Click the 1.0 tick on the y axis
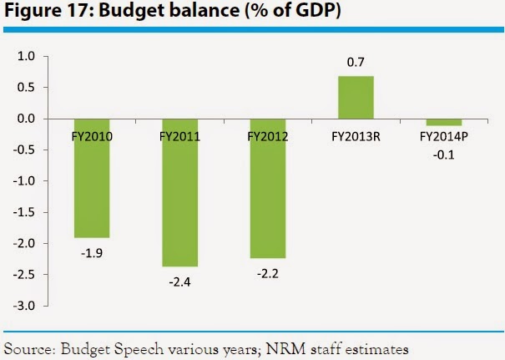[28, 57]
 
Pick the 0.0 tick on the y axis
[28, 119]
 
